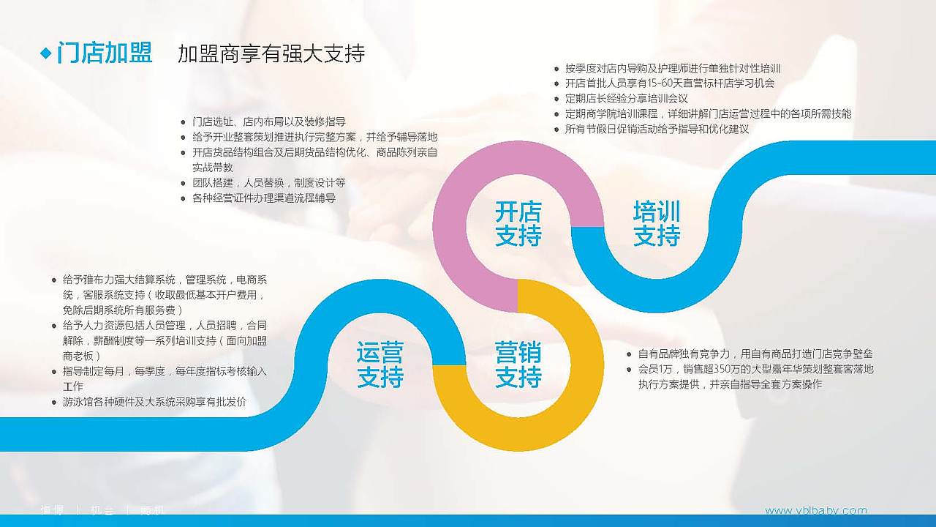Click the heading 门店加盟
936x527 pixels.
click(105, 53)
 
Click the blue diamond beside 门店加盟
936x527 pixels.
click(46, 53)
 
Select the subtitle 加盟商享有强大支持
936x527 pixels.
click(271, 53)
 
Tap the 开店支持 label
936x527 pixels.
click(518, 224)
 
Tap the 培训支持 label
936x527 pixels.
click(656, 224)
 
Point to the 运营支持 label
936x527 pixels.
click(380, 365)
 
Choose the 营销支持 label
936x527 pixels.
click(518, 365)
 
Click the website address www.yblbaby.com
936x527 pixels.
click(815, 510)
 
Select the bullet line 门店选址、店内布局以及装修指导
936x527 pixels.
click(268, 122)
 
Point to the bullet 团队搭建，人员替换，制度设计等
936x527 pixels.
click(268, 182)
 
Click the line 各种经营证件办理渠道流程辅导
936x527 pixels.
click(263, 198)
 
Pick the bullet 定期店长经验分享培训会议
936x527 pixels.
click(626, 98)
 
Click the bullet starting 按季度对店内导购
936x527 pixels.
click(673, 68)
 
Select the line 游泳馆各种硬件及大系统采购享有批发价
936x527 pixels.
click(154, 402)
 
